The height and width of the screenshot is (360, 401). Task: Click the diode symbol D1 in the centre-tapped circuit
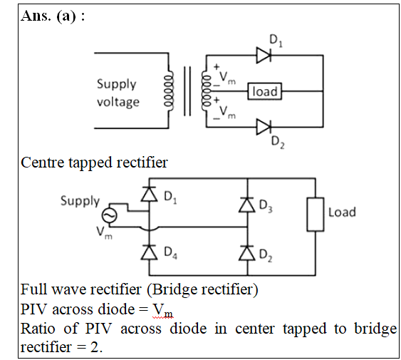tap(264, 55)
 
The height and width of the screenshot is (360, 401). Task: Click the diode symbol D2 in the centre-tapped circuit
tap(264, 127)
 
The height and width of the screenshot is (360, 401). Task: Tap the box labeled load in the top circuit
tap(264, 91)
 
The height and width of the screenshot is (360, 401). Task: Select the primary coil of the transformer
tap(169, 91)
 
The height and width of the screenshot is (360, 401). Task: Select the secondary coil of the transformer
tap(206, 91)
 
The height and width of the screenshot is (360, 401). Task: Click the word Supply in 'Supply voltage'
tap(116, 84)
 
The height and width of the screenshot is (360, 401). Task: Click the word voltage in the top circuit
tap(118, 102)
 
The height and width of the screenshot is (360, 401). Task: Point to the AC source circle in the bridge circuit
tap(110, 215)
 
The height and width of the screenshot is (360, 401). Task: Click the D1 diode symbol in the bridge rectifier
tap(149, 194)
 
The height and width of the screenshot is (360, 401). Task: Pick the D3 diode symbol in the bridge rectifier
tap(246, 205)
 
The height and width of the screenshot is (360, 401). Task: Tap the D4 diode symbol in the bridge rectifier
tap(149, 252)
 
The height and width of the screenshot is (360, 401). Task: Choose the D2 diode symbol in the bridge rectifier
tap(246, 253)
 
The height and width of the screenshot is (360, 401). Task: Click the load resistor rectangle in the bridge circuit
tap(316, 215)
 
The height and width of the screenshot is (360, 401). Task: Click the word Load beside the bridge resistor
tap(342, 212)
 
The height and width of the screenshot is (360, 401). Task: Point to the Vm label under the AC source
tap(104, 232)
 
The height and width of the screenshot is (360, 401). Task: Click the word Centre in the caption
tap(43, 163)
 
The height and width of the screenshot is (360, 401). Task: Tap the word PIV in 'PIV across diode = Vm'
tap(34, 309)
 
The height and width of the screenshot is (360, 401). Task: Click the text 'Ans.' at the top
tap(36, 16)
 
